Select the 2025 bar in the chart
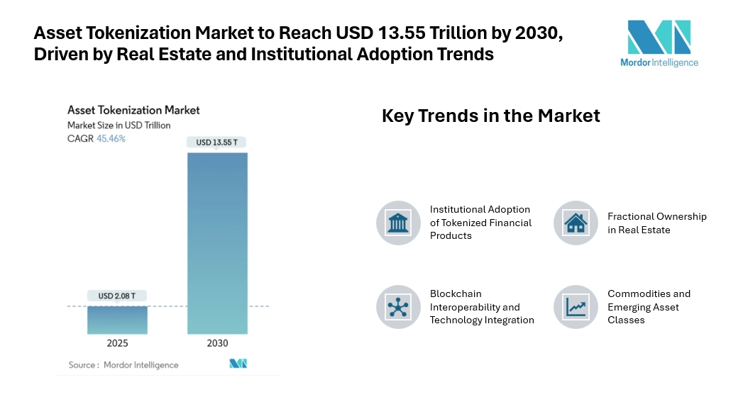pos(117,320)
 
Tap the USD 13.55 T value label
pos(217,142)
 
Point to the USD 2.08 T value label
pos(117,296)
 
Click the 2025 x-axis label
pos(117,344)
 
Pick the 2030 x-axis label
pos(217,344)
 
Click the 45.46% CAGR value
pos(111,138)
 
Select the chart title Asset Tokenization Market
pos(133,110)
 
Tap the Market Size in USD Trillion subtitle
pos(119,125)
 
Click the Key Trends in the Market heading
pos(490,116)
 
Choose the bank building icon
pos(398,223)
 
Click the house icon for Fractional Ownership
pos(576,223)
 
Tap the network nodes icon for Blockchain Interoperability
pos(398,307)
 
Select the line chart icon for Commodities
pos(576,307)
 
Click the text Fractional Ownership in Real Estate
pos(656,223)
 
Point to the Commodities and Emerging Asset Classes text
pos(649,307)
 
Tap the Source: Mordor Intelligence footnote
pos(123,365)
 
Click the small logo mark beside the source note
pos(238,364)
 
